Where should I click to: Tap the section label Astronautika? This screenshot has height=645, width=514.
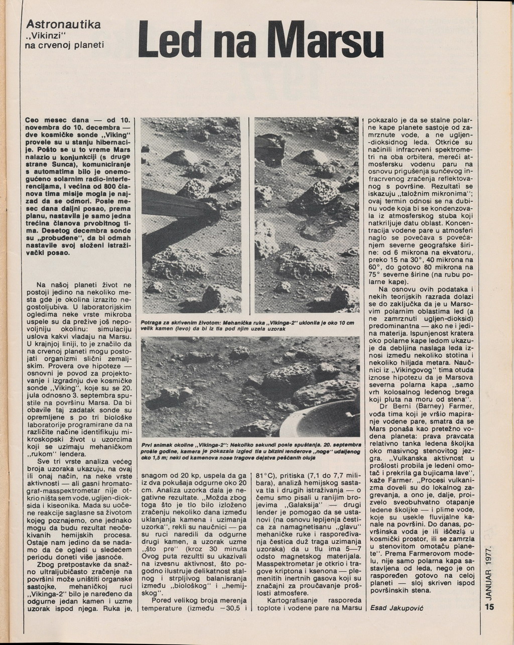click(63, 24)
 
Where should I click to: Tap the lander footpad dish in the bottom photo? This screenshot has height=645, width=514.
click(321, 419)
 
